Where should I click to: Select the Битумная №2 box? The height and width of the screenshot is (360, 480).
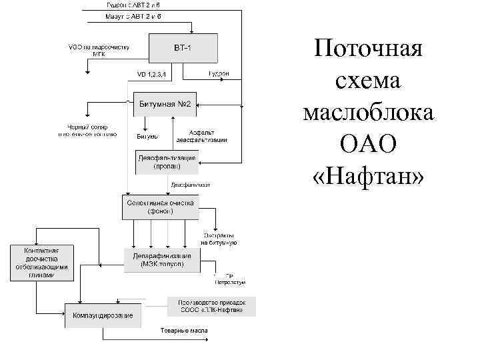pos(166,104)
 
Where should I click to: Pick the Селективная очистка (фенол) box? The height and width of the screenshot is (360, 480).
pos(159,207)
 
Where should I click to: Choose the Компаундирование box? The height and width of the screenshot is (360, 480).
pos(103,315)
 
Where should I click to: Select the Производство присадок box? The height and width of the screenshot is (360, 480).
pos(211,306)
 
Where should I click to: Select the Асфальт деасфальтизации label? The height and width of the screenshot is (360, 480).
pos(201,136)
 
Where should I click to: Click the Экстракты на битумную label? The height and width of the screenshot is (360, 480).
pos(219,239)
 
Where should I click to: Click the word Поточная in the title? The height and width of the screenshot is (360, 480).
pos(369,49)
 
